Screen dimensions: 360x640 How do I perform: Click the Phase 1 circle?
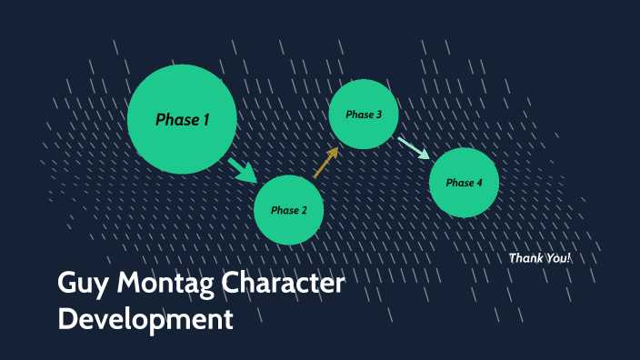tap(182, 119)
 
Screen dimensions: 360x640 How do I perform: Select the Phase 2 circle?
tap(288, 210)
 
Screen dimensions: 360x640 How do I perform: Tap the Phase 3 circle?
tap(364, 115)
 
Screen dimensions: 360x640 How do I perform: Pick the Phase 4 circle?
tap(464, 183)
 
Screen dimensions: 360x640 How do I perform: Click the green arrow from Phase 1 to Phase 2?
tap(243, 170)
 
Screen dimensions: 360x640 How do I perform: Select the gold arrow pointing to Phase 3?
tap(325, 162)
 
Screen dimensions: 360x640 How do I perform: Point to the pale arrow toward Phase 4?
tap(413, 148)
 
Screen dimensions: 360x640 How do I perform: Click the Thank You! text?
tap(540, 259)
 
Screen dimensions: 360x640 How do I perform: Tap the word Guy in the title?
tap(84, 285)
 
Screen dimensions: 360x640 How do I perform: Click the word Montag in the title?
tap(173, 285)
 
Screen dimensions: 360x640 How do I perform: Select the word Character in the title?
tap(293, 284)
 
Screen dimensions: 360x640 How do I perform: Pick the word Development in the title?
tap(145, 320)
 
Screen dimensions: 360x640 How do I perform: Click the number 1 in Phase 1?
tap(205, 119)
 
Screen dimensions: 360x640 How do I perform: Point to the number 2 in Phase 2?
tap(304, 210)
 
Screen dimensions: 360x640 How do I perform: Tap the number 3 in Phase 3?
tap(378, 115)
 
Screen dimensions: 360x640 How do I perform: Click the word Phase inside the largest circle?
tap(174, 119)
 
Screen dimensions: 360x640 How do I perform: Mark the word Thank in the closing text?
tap(525, 259)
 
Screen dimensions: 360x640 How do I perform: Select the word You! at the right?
tap(557, 259)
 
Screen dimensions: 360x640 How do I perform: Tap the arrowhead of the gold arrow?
tap(333, 153)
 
